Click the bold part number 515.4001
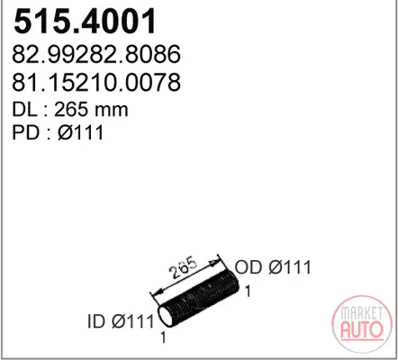click(x=85, y=22)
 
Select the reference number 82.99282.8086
click(x=96, y=54)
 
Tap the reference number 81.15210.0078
click(x=96, y=82)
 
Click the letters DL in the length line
click(x=24, y=110)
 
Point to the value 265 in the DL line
click(x=71, y=110)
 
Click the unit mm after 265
click(x=111, y=111)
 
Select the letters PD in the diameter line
click(x=25, y=132)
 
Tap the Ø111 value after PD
click(x=80, y=132)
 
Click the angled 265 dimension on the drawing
click(x=184, y=268)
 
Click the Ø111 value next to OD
click(x=290, y=267)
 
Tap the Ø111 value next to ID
click(x=132, y=321)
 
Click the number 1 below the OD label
click(x=248, y=291)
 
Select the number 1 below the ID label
click(x=163, y=337)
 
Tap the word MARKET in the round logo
click(x=362, y=313)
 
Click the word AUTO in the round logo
click(x=362, y=329)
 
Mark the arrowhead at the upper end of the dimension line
click(x=213, y=263)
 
